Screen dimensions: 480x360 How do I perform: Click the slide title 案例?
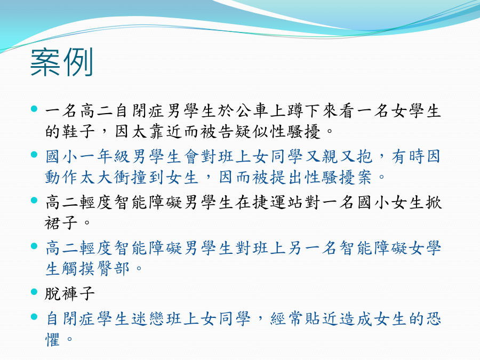pyautogui.click(x=61, y=62)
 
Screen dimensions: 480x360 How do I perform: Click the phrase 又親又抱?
pyautogui.click(x=339, y=156)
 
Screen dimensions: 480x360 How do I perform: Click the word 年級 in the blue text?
pyautogui.click(x=114, y=156)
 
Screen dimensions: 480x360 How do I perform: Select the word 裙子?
pyautogui.click(x=61, y=223)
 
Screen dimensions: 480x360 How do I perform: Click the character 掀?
pyautogui.click(x=434, y=202)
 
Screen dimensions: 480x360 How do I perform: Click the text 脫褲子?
pyautogui.click(x=70, y=293)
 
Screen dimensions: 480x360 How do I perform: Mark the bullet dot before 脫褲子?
pyautogui.click(x=34, y=292)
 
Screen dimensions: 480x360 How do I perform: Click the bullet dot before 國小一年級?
pyautogui.click(x=34, y=155)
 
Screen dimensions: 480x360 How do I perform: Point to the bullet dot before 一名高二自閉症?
pyautogui.click(x=34, y=109)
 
